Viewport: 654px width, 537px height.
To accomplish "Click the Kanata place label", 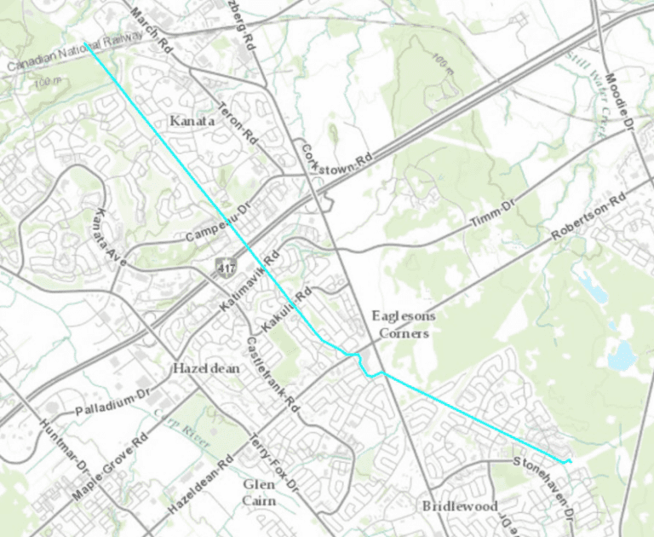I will tap(192, 121).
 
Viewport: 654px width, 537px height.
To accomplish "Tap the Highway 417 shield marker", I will tap(224, 267).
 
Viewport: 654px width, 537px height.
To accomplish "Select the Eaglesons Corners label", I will tap(404, 325).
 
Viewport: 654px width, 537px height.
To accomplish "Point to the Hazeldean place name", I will tap(206, 369).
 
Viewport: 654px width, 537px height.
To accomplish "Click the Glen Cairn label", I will tap(259, 493).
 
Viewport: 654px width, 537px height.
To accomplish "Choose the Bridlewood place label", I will tap(460, 506).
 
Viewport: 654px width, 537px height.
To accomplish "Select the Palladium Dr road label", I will tap(113, 401).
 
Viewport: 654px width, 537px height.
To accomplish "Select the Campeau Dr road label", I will tap(216, 222).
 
